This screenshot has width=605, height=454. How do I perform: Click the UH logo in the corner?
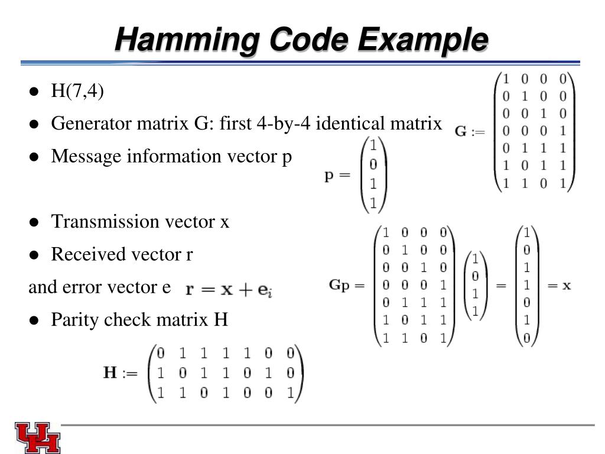[x=37, y=437]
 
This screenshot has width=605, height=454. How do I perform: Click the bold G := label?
[x=470, y=131]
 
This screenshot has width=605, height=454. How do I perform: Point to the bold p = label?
[x=337, y=176]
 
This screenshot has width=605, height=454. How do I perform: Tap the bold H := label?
[x=121, y=373]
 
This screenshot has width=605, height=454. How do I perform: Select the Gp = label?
[x=347, y=286]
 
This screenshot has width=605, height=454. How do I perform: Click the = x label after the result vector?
[x=559, y=286]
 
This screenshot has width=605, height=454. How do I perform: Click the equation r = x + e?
[x=228, y=290]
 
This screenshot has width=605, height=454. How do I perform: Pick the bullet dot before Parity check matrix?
[x=34, y=320]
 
